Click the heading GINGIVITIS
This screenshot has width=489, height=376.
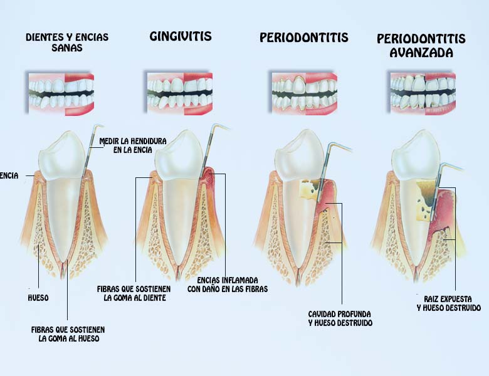pyautogui.click(x=181, y=36)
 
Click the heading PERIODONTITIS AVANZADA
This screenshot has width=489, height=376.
pyautogui.click(x=421, y=46)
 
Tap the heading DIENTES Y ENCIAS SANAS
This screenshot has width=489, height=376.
pyautogui.click(x=67, y=42)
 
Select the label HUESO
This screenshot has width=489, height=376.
pyautogui.click(x=38, y=298)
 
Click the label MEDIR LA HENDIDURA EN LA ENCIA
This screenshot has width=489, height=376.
pyautogui.click(x=133, y=145)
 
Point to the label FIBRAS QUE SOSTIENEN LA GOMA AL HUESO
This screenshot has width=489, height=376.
pyautogui.click(x=68, y=334)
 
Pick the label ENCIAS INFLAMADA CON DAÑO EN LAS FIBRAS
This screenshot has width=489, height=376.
pyautogui.click(x=228, y=285)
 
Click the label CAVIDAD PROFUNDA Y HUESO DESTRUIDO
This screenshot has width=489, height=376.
pyautogui.click(x=340, y=318)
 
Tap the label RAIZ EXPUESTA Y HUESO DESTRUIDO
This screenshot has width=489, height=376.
pyautogui.click(x=448, y=303)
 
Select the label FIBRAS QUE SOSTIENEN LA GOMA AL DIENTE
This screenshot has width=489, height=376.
pyautogui.click(x=134, y=293)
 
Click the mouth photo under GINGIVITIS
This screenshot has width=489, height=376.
pyautogui.click(x=180, y=93)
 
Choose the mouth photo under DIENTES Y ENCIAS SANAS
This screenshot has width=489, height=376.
pyautogui.click(x=61, y=93)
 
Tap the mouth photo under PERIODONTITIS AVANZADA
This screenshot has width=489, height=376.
pyautogui.click(x=423, y=93)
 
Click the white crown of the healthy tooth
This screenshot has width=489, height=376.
pyautogui.click(x=63, y=156)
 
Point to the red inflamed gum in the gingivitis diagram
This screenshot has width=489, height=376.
pyautogui.click(x=209, y=176)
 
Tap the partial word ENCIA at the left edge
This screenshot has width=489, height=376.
pyautogui.click(x=9, y=176)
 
